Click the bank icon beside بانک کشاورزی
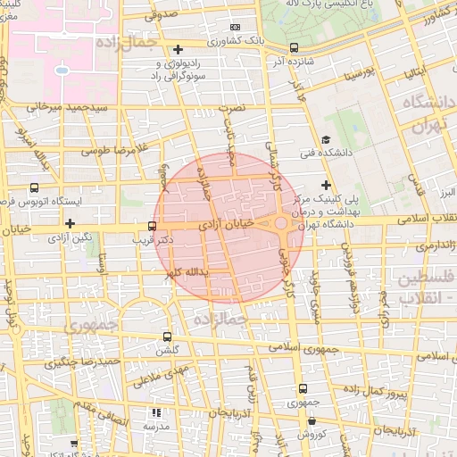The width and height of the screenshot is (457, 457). click(236, 27)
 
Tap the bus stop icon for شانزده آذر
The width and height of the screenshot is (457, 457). click(295, 48)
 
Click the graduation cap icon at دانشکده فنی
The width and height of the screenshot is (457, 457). click(326, 139)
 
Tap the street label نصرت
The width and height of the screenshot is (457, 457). click(230, 104)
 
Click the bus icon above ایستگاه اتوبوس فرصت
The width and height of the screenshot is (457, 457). click(34, 187)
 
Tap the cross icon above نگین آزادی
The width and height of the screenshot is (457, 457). click(70, 223)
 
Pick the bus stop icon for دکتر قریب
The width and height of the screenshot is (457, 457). click(152, 226)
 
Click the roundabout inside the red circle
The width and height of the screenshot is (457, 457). click(280, 222)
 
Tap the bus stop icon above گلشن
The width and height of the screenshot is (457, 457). click(168, 337)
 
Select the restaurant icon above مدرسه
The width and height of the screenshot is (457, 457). click(157, 412)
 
